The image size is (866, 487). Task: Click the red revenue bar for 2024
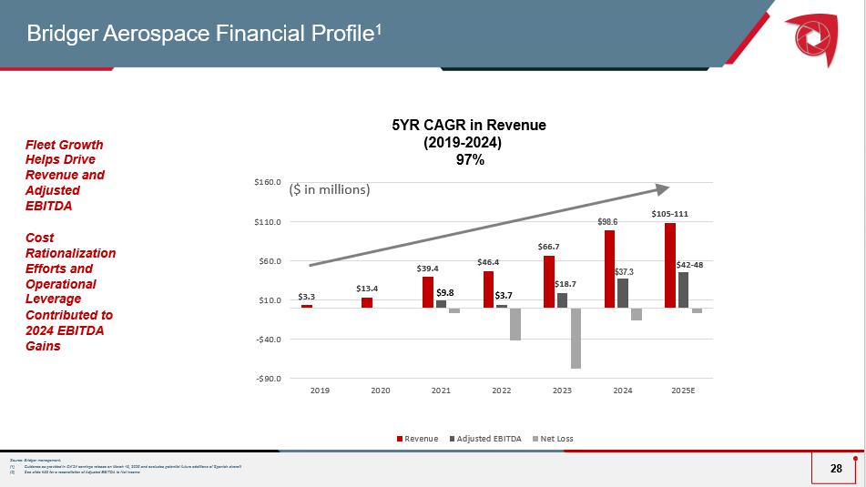point(609,269)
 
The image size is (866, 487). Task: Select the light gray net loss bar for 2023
point(575,338)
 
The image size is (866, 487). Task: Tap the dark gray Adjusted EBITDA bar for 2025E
point(683,289)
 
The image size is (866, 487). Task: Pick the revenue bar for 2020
point(367,302)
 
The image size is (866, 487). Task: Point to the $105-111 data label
point(669,214)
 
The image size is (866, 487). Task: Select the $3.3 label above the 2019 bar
point(307,296)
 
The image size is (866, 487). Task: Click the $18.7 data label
point(565,284)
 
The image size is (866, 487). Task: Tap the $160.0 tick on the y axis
point(267,183)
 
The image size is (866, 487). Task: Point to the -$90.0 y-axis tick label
point(267,378)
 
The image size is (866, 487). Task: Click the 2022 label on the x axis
point(502,391)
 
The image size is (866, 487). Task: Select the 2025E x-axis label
point(683,391)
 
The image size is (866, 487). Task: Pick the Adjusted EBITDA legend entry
point(485,439)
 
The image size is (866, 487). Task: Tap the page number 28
point(836,468)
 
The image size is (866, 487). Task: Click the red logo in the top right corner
point(810,36)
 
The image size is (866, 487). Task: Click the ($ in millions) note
point(330,190)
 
